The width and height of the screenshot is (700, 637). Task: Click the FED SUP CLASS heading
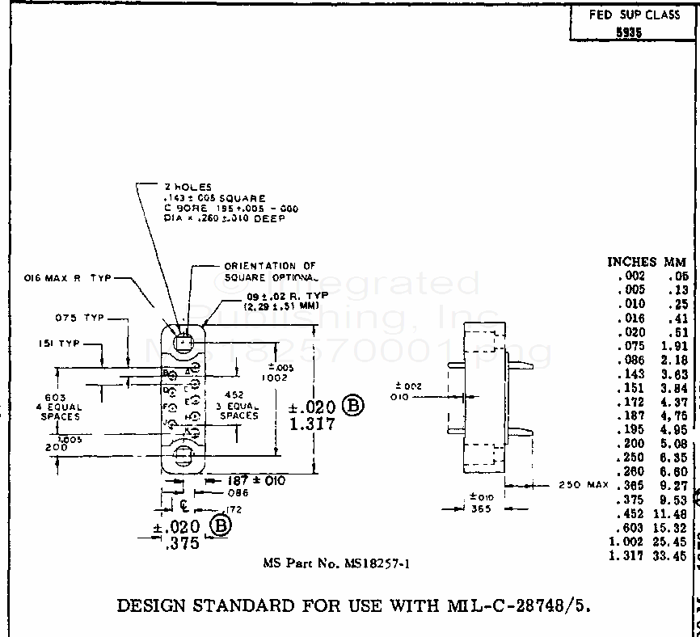coord(635,15)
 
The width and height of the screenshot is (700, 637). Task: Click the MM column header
coord(675,262)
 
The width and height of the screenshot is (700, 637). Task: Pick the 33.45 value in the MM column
coord(672,556)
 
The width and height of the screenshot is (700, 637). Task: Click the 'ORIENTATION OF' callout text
coord(270,265)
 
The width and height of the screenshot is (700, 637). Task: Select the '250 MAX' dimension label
coord(583,485)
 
